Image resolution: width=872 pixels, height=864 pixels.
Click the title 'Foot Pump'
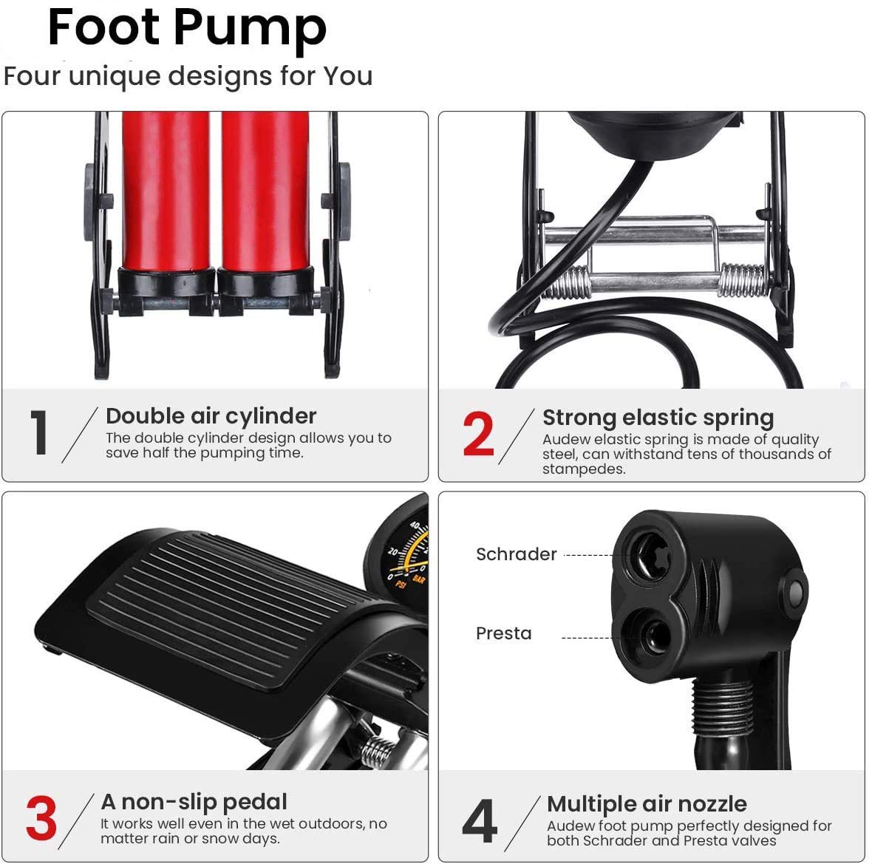tap(187, 28)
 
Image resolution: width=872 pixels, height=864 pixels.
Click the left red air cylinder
tap(166, 191)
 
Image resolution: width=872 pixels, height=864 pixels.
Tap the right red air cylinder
tap(265, 191)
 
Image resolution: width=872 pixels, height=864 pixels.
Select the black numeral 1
tap(39, 432)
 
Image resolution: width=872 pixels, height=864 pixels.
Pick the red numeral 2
tap(478, 433)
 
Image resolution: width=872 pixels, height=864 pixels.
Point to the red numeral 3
tap(41, 818)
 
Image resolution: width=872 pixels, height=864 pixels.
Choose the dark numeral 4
tap(480, 820)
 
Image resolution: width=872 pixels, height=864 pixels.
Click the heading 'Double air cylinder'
tap(211, 416)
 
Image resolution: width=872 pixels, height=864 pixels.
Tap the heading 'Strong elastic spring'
tap(658, 418)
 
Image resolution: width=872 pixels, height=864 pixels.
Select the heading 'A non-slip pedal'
tap(194, 802)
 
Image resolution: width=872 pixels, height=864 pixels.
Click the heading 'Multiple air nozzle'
tap(647, 804)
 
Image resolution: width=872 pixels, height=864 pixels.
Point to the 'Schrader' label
tap(516, 554)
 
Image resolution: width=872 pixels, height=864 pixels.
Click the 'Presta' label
tap(504, 633)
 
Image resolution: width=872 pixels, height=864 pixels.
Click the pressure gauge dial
tap(401, 557)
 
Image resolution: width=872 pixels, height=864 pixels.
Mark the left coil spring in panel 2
tap(565, 282)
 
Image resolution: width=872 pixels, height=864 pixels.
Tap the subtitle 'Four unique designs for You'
tap(188, 76)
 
